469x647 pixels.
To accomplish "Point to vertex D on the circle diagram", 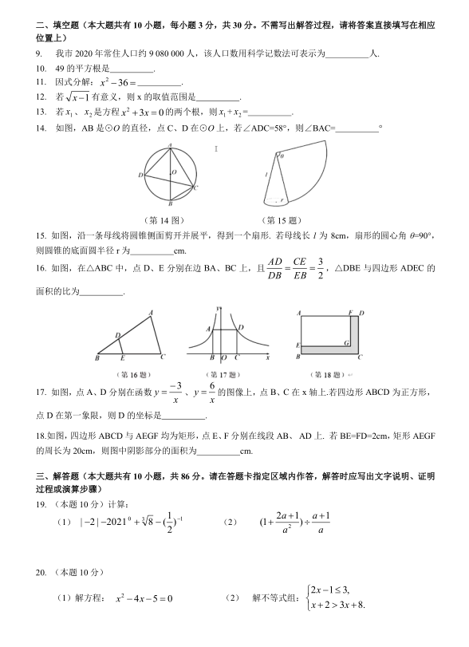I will coord(140,175).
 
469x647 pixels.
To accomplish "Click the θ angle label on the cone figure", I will coord(282,157).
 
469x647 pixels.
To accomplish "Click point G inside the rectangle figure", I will coord(345,341).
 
